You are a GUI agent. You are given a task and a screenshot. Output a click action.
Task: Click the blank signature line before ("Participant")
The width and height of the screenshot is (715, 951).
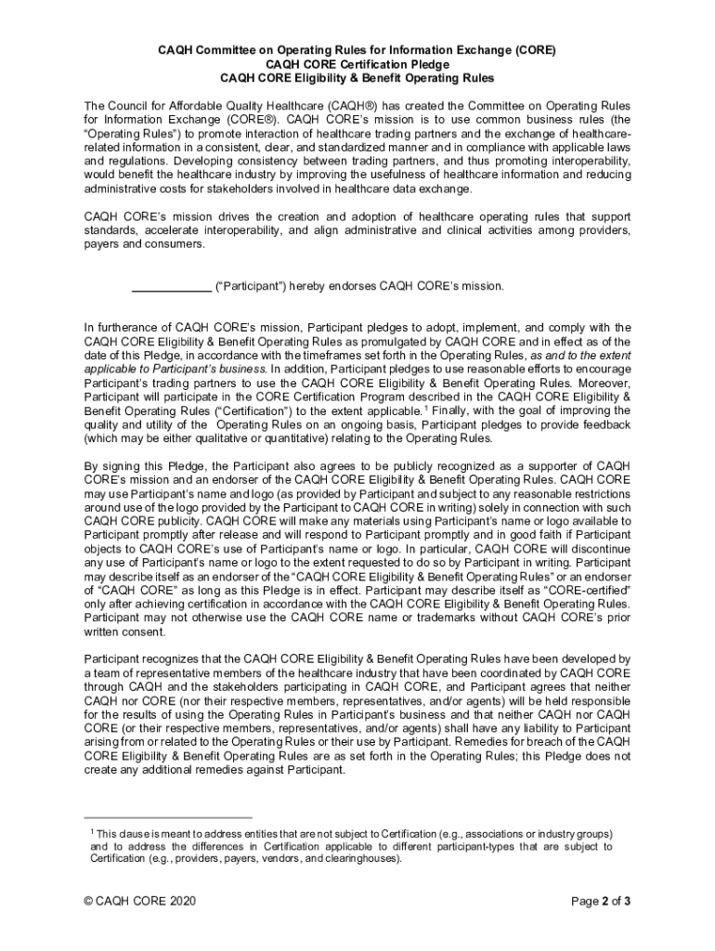point(171,287)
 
